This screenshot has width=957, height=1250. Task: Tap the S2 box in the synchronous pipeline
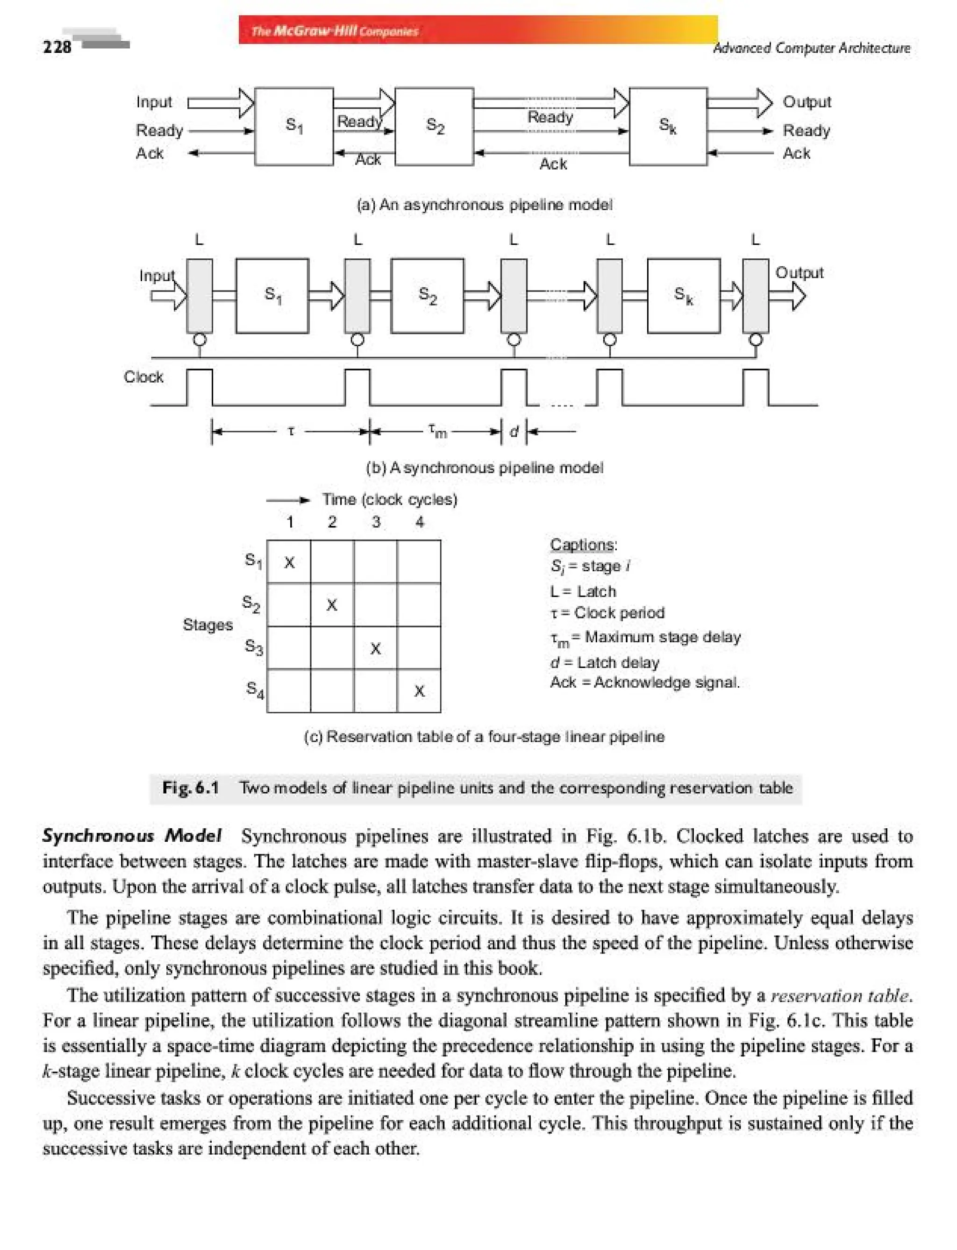pos(427,295)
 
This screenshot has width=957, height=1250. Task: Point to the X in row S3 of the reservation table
pos(375,648)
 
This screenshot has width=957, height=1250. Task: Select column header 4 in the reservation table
pos(419,522)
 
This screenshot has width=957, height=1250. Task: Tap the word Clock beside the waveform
pos(143,377)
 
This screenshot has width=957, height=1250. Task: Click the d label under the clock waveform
pos(514,431)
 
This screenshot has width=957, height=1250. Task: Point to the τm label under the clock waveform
pos(437,431)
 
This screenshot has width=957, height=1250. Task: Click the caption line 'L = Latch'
pos(583,591)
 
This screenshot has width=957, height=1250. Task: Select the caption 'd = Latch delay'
pos(604,662)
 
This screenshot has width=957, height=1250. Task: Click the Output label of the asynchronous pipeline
pos(806,102)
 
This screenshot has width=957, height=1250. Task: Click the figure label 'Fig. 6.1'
pos(190,788)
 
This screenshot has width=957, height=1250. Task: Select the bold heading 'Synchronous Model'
pos(132,835)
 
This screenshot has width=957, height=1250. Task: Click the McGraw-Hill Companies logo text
pos(335,31)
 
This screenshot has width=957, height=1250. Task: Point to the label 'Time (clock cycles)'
pos(390,499)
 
